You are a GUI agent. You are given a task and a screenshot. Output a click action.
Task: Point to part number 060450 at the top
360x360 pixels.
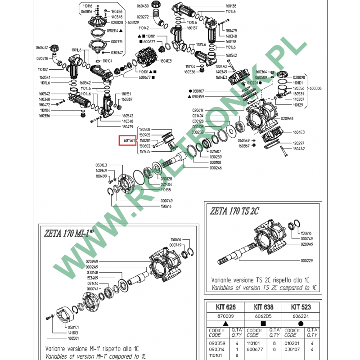click(143, 6)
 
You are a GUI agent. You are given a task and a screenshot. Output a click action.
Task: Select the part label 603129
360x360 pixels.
click(133, 22)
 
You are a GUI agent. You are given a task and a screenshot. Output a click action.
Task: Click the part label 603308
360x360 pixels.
click(315, 89)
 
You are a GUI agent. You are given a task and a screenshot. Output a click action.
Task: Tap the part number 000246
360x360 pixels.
click(216, 168)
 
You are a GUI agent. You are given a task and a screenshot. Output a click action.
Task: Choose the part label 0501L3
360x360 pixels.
click(101, 165)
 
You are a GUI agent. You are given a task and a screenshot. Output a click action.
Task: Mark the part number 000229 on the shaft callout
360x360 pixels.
click(306, 260)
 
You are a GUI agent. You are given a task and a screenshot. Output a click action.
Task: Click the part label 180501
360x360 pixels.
click(73, 338)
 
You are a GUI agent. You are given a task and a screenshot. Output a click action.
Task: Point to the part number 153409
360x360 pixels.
click(92, 278)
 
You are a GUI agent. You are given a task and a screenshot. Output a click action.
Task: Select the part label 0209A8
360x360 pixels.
click(300, 118)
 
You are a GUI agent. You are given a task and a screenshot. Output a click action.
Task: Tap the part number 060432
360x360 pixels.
click(42, 47)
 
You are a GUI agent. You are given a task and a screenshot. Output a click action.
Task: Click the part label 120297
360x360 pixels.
click(299, 143)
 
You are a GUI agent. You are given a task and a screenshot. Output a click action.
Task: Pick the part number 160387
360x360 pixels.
click(127, 99)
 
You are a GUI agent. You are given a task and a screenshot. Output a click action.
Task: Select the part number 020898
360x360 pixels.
click(299, 77)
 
